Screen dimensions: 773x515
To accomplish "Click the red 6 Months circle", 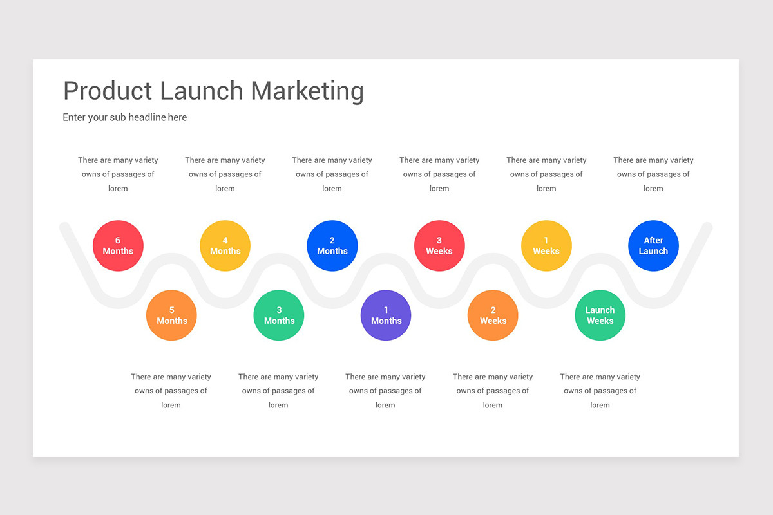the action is pyautogui.click(x=118, y=246).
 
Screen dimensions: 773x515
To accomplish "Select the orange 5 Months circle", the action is pyautogui.click(x=171, y=315).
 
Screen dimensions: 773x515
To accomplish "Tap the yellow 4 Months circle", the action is pyautogui.click(x=225, y=246).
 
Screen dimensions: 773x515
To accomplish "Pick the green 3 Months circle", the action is pyautogui.click(x=279, y=315).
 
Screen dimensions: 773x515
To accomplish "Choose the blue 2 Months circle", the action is pyautogui.click(x=332, y=246).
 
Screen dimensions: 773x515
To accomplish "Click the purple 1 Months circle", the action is pyautogui.click(x=386, y=315).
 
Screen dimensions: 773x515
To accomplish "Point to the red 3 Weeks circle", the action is pyautogui.click(x=439, y=246).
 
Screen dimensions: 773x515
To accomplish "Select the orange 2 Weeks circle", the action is pyautogui.click(x=493, y=315).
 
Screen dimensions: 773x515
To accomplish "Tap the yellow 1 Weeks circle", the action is pyautogui.click(x=546, y=246).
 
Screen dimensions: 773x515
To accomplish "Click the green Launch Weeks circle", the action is pyautogui.click(x=600, y=315).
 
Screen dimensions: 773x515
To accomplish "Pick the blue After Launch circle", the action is pyautogui.click(x=653, y=246).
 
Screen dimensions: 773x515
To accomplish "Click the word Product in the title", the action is pyautogui.click(x=108, y=91).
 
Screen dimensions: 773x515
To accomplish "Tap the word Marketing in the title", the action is pyautogui.click(x=307, y=91).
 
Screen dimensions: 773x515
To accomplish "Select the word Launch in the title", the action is pyautogui.click(x=202, y=91).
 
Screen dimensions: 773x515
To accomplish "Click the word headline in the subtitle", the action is pyautogui.click(x=148, y=117).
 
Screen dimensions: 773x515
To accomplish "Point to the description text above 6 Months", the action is pyautogui.click(x=118, y=174).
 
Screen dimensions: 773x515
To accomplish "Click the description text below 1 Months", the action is pyautogui.click(x=385, y=391).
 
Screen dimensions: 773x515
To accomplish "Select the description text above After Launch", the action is pyautogui.click(x=653, y=174).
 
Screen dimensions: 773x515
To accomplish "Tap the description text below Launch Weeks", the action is pyautogui.click(x=600, y=391).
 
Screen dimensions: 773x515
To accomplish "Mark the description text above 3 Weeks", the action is pyautogui.click(x=439, y=174).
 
